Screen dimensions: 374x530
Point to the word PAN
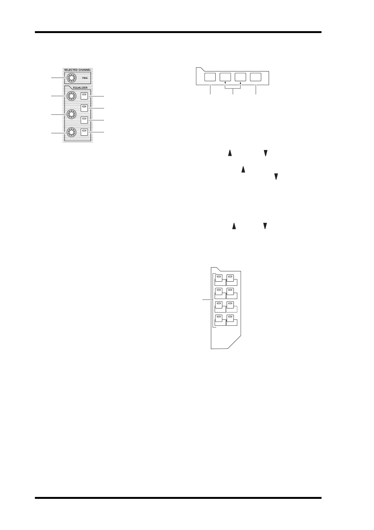tap(85, 78)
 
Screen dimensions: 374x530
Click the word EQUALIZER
tap(78, 88)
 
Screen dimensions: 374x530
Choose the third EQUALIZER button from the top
tap(84, 120)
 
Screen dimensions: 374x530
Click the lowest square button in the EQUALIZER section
tap(84, 132)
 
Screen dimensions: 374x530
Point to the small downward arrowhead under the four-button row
tap(225, 84)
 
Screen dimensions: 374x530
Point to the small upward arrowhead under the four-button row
tap(240, 84)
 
